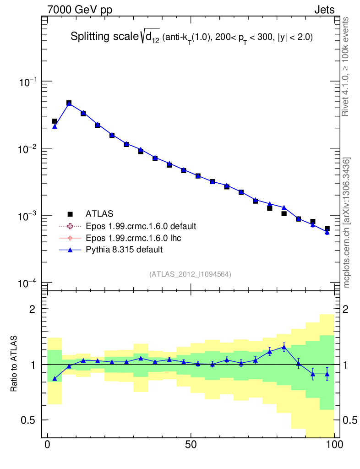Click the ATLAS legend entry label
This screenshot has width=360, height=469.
click(99, 213)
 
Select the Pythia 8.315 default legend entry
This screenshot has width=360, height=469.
click(124, 250)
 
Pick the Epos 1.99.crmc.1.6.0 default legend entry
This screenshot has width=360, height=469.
click(141, 226)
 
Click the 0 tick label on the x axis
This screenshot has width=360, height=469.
click(48, 445)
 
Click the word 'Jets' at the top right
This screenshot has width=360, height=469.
click(324, 10)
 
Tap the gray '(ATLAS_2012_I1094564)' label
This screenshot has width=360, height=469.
click(190, 274)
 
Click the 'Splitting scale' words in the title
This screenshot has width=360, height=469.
click(104, 37)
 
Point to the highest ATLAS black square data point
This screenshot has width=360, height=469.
click(69, 103)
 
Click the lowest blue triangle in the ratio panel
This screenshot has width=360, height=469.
click(55, 379)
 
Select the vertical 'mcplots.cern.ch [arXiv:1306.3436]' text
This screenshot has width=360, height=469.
click(347, 222)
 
